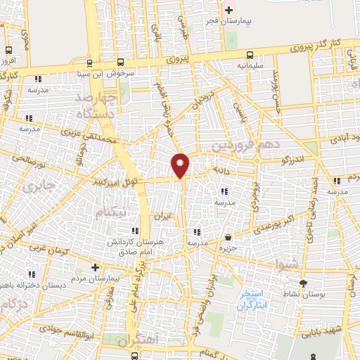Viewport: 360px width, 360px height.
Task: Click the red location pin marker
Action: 181,165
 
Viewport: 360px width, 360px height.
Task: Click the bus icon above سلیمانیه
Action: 250,53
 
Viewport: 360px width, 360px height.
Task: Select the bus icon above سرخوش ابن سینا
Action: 121,61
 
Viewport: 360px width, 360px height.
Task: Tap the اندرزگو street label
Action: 290,160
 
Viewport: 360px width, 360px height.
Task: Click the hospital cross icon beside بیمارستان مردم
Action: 96,267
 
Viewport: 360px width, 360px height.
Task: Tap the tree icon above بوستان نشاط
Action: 303,283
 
